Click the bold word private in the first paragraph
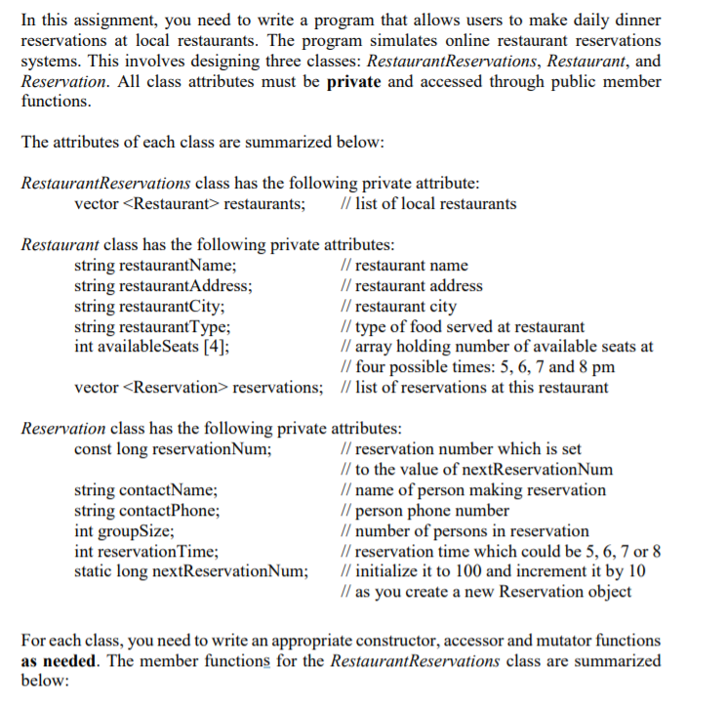(354, 82)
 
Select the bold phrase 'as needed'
(56, 661)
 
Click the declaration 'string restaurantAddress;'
(164, 286)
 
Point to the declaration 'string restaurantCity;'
(155, 307)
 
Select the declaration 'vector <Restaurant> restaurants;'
(188, 204)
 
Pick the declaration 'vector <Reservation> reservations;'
(198, 388)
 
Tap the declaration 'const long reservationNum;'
(173, 449)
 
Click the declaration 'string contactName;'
(146, 490)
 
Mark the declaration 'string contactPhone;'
(147, 511)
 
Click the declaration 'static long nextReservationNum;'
(191, 571)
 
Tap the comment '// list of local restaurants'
(424, 204)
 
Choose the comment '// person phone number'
(421, 511)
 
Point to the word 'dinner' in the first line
(632, 21)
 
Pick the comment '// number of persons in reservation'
(461, 531)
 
